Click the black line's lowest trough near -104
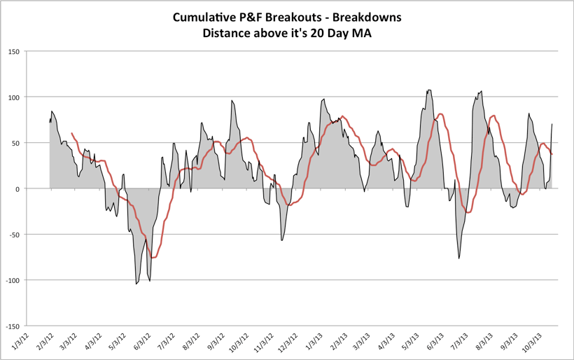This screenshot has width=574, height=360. [136, 284]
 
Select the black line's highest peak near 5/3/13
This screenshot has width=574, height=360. [429, 90]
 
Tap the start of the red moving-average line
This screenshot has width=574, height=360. [72, 133]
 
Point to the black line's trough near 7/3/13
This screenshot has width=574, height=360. [459, 258]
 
